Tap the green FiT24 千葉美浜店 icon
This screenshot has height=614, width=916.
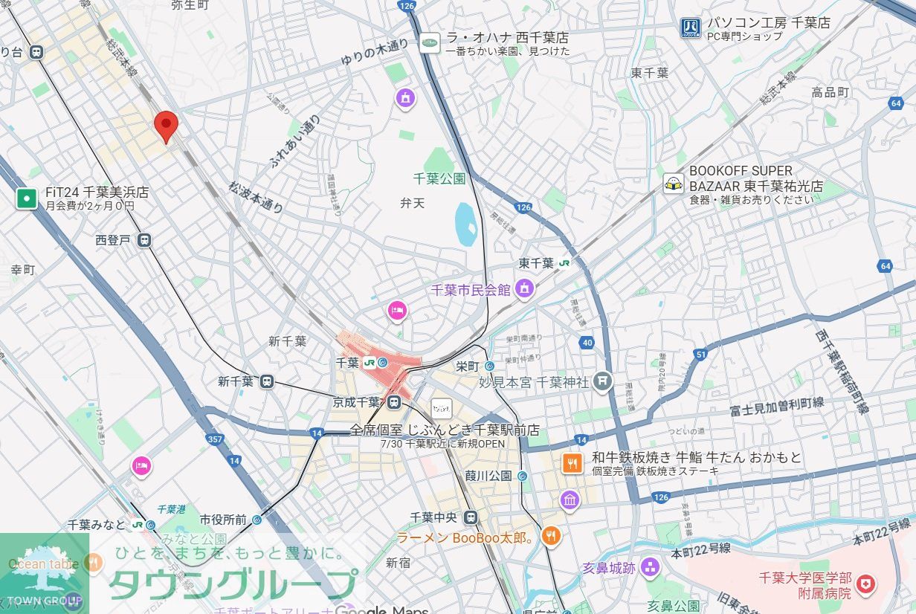click(x=27, y=198)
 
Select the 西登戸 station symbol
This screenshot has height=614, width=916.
click(x=144, y=240)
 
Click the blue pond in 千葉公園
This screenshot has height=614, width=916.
click(x=465, y=224)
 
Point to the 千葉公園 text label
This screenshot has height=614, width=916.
click(x=439, y=178)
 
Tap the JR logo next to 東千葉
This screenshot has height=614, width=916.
click(x=565, y=263)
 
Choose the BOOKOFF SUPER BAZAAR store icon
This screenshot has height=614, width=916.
click(x=674, y=184)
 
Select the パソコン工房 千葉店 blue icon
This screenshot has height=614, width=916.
click(x=690, y=28)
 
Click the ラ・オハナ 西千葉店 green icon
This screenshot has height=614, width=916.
click(x=430, y=43)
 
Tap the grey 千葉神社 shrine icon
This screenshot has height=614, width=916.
click(x=602, y=382)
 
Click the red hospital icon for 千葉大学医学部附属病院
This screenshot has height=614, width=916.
click(x=865, y=585)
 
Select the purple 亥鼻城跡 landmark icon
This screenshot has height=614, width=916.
click(x=651, y=569)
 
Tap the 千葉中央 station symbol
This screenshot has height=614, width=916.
click(x=470, y=517)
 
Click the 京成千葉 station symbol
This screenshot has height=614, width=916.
click(x=394, y=402)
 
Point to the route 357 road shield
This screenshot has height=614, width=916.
click(x=215, y=439)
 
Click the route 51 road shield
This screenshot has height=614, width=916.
click(x=700, y=355)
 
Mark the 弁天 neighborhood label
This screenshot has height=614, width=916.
click(x=412, y=202)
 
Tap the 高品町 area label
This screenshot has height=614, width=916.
click(x=830, y=92)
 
